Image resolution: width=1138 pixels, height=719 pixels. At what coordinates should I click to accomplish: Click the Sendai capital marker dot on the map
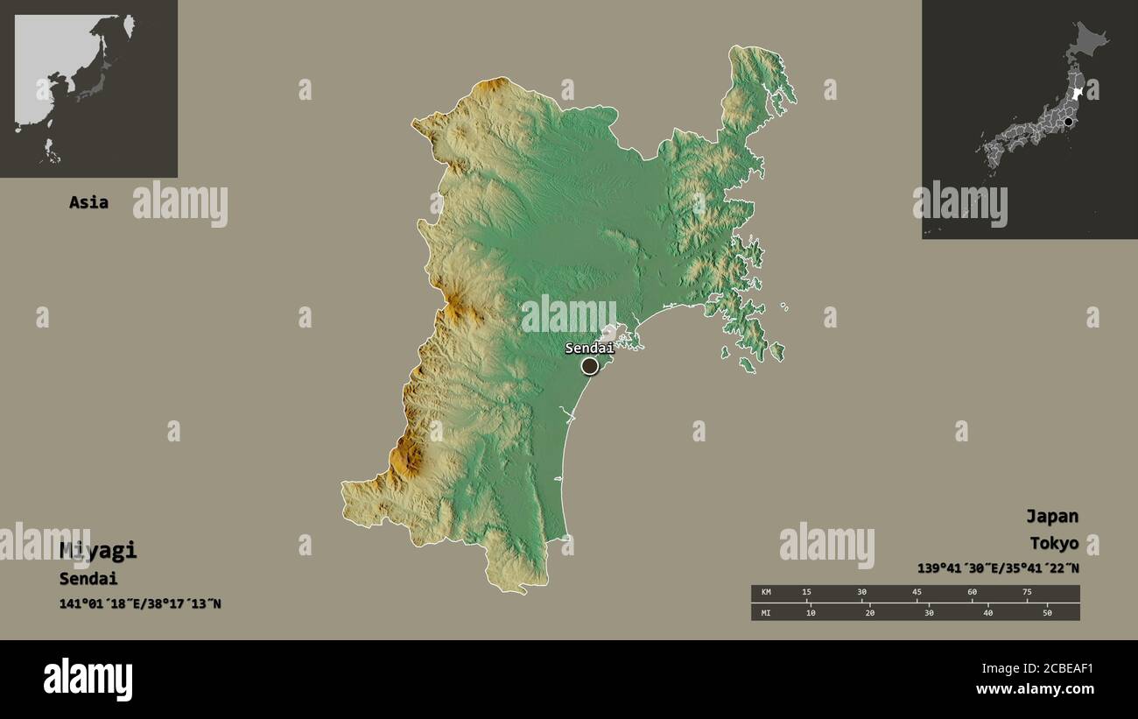point(590,365)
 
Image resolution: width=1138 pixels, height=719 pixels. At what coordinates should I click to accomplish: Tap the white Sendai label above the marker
point(589,349)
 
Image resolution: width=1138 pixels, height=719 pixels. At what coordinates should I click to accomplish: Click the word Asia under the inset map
point(89,202)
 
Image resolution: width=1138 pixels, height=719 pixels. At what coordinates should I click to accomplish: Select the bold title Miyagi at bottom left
point(98,551)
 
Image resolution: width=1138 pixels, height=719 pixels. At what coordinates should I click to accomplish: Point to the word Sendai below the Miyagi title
point(88,579)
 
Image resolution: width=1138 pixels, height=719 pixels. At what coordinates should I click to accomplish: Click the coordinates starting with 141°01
point(140,603)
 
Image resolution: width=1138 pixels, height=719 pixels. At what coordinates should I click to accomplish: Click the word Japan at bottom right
point(1052,516)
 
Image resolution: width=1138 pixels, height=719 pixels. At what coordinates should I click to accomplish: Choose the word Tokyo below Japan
point(1054,544)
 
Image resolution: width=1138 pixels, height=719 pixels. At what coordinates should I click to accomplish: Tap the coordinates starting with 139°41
point(998,568)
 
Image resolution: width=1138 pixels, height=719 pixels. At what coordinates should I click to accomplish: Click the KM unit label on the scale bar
point(766,593)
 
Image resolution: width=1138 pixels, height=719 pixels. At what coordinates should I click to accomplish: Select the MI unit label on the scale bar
point(766,612)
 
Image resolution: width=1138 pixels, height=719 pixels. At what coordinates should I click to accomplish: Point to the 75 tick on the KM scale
point(1027,593)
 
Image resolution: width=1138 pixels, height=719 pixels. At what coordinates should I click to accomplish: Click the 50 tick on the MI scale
point(1047,612)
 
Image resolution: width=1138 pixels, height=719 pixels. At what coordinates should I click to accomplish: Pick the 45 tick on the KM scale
point(917,593)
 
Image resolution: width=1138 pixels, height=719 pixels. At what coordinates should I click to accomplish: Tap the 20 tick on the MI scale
point(869,612)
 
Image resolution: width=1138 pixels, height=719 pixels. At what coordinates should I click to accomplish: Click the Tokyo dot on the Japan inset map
point(1068,123)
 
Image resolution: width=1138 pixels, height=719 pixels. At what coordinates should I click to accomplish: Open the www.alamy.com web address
point(1037,689)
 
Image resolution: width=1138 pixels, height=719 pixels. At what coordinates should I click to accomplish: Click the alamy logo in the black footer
point(88,680)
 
